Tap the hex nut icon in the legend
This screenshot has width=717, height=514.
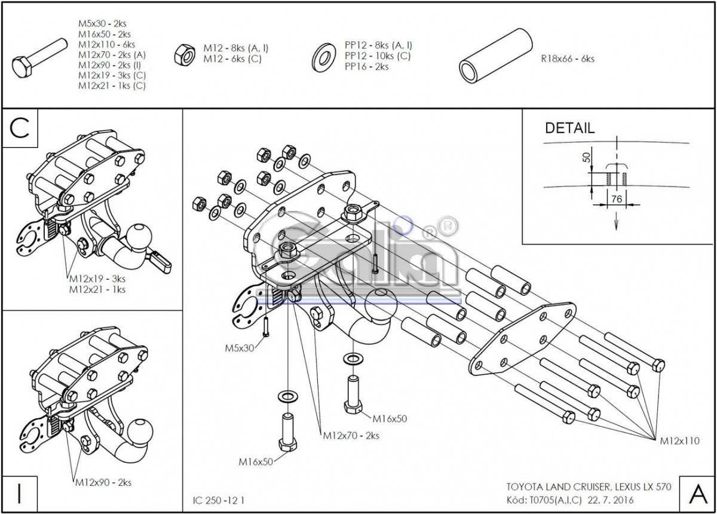[183, 54]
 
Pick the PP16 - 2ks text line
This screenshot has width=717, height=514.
[366, 67]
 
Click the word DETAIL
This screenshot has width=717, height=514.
[569, 128]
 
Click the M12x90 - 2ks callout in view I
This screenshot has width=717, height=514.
[103, 482]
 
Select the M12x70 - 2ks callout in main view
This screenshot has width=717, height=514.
[351, 436]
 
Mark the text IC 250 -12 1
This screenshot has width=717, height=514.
[219, 498]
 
